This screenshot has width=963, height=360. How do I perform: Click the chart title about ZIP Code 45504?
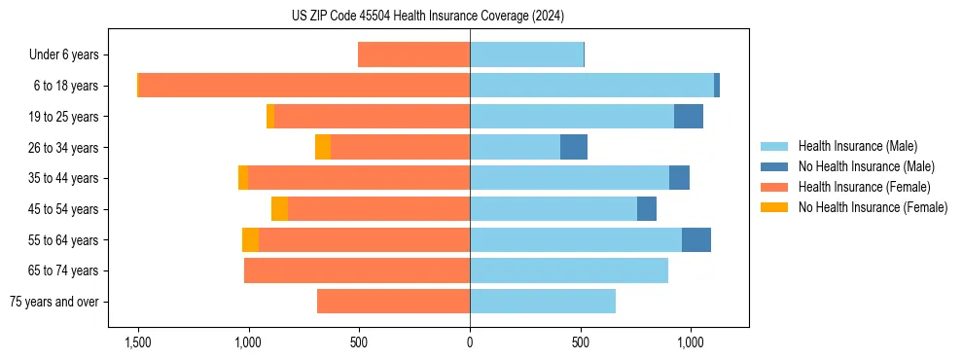tap(427, 17)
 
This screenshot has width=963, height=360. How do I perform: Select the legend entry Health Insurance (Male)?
tap(857, 146)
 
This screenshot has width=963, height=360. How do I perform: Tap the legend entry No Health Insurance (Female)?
tap(873, 207)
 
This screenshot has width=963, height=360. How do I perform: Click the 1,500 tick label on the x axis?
tap(137, 342)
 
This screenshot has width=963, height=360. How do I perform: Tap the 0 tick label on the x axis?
tap(470, 342)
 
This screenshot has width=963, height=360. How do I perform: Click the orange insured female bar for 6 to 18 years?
tap(303, 86)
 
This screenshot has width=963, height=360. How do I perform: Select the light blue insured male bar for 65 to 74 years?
tap(568, 270)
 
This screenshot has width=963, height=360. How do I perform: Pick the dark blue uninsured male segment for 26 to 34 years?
tap(574, 147)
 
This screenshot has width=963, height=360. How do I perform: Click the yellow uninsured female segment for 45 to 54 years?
tap(279, 209)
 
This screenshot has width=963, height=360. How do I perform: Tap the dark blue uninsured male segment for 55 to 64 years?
tap(696, 239)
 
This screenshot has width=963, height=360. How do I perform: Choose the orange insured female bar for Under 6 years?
tap(413, 54)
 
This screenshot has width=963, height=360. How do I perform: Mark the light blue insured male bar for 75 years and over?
tap(542, 302)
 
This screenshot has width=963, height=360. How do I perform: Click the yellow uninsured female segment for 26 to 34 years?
tap(323, 147)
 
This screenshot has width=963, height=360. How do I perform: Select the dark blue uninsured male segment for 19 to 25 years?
tap(689, 117)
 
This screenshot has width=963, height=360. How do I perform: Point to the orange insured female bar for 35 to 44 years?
tap(358, 178)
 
